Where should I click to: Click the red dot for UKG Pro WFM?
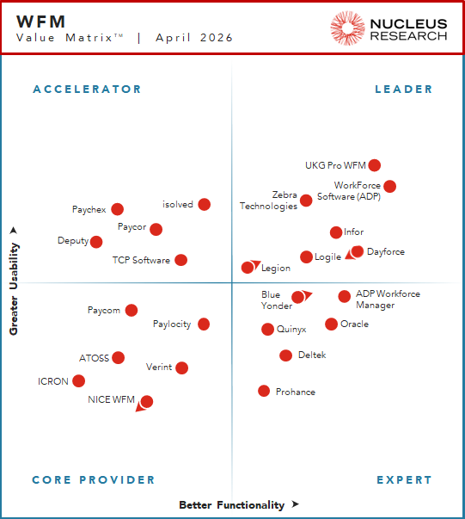point(374,165)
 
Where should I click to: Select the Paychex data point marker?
point(117,209)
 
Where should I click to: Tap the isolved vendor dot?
point(204,204)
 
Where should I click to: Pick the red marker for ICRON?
point(78,380)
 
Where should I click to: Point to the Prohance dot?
point(264,391)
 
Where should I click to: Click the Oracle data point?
point(331,324)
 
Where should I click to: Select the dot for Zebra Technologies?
point(306,201)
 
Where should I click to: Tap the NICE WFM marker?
point(147,401)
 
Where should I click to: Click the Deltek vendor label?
point(312,355)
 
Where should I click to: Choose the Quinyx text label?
point(291,329)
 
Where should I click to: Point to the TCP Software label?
point(141,260)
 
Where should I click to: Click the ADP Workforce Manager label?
point(388,300)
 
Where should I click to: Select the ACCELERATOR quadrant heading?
point(87,90)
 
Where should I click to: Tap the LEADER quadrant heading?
point(404,90)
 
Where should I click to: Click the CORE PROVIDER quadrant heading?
point(94,480)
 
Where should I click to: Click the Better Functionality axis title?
point(231,505)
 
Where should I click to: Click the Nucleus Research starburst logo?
point(347,28)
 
